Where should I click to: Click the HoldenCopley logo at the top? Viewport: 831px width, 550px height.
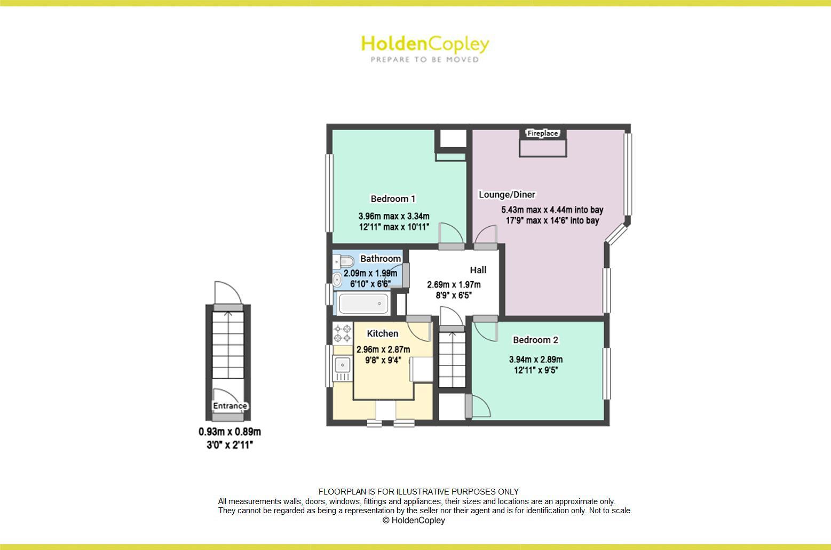[x=425, y=44]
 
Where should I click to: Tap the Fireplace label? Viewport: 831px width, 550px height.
[x=542, y=133]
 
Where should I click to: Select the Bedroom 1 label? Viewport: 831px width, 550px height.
[x=393, y=199]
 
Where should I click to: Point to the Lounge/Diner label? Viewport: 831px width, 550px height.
[x=506, y=195]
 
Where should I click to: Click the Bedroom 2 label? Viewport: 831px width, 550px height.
[x=535, y=340]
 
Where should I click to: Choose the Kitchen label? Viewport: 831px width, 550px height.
[x=382, y=333]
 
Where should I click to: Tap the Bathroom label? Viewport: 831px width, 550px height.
[x=380, y=259]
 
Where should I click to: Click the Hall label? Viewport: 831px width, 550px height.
[x=478, y=270]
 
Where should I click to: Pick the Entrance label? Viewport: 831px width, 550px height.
[x=230, y=406]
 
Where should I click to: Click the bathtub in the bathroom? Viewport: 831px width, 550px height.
[x=363, y=304]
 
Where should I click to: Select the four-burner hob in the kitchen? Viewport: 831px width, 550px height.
[x=342, y=333]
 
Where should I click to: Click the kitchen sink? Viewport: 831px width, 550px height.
[x=342, y=365]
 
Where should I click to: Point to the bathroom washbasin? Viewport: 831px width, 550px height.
[x=337, y=280]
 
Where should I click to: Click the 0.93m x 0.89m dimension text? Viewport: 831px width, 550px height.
[x=229, y=432]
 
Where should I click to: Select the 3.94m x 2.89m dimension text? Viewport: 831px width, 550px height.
[x=535, y=360]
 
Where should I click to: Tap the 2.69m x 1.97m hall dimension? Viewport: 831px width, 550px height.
[x=454, y=285]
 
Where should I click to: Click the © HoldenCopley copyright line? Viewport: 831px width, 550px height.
[x=414, y=520]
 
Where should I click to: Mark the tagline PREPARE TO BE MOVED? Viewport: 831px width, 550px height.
[x=425, y=60]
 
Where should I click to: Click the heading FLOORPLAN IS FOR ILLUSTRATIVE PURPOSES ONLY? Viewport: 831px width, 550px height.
[x=418, y=492]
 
